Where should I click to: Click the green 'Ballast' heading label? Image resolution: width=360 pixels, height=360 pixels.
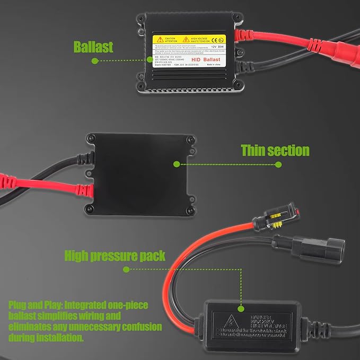point(93,47)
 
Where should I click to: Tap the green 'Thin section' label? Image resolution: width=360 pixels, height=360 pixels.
point(275,150)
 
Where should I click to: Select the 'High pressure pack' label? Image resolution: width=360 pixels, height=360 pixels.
point(115,256)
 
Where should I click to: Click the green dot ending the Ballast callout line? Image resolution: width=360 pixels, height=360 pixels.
point(94,61)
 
